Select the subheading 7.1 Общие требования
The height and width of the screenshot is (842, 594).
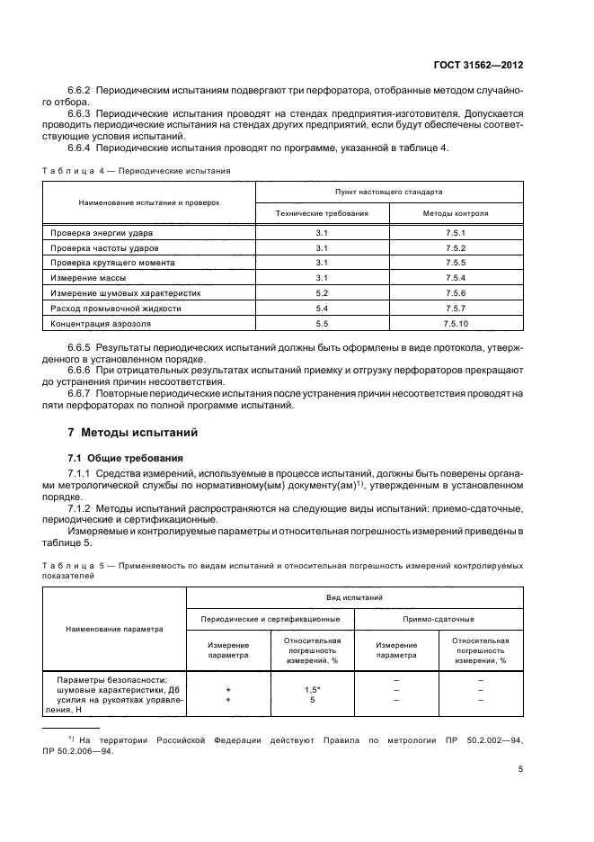pos(126,458)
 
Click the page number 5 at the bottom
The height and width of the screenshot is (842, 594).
pos(520,768)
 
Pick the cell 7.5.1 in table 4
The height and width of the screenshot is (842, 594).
pos(456,233)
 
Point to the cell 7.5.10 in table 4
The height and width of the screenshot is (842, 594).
pos(456,322)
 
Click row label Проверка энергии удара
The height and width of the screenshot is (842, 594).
pos(100,233)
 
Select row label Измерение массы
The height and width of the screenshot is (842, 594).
pos(87,278)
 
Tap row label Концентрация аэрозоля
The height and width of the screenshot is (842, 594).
pos(101,322)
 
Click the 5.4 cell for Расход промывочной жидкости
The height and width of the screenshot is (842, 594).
pos(323,308)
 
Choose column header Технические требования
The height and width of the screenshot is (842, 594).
pos(323,214)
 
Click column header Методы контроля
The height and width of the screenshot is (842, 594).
pos(456,214)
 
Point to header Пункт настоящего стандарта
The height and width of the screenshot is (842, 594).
pos(388,192)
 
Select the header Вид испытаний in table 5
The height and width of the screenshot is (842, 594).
pos(354,596)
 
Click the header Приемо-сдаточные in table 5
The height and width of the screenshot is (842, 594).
pos(439,619)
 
